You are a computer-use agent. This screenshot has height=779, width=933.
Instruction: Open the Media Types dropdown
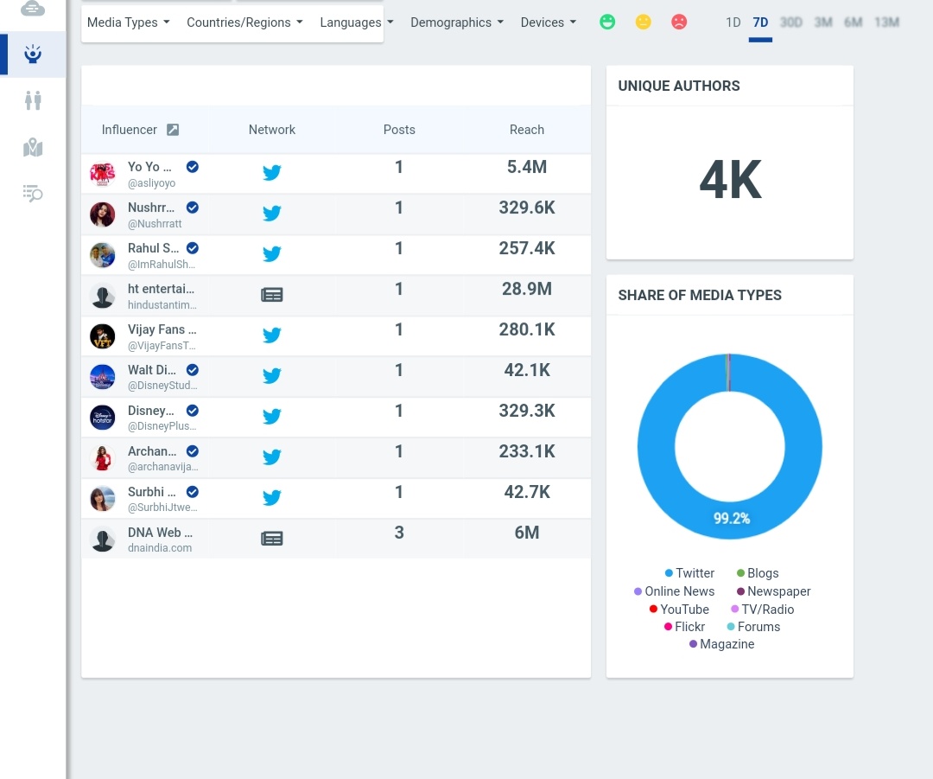pyautogui.click(x=128, y=22)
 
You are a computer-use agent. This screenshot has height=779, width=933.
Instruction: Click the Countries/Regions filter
pyautogui.click(x=244, y=22)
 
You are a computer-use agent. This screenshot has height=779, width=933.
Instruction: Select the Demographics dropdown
pyautogui.click(x=456, y=22)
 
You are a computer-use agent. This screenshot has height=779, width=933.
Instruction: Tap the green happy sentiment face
pyautogui.click(x=607, y=22)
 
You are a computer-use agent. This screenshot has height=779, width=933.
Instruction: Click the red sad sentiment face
pyautogui.click(x=679, y=22)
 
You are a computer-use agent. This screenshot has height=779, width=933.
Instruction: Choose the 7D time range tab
pyautogui.click(x=760, y=22)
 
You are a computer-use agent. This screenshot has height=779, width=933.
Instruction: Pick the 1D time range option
pyautogui.click(x=733, y=22)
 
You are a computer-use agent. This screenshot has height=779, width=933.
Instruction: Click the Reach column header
pyautogui.click(x=527, y=130)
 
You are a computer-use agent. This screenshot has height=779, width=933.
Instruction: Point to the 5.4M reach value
pyautogui.click(x=527, y=167)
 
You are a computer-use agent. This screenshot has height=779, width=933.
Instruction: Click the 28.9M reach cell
pyautogui.click(x=527, y=289)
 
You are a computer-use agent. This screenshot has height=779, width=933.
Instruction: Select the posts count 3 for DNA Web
pyautogui.click(x=399, y=533)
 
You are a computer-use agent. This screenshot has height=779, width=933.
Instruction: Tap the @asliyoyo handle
pyautogui.click(x=151, y=183)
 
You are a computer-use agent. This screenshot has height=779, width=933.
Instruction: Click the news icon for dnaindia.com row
pyautogui.click(x=272, y=539)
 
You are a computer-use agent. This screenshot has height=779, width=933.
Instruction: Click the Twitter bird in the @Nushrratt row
pyautogui.click(x=272, y=213)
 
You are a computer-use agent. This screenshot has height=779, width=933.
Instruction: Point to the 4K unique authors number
pyautogui.click(x=730, y=182)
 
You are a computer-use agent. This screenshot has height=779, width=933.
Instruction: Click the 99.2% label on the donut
pyautogui.click(x=731, y=519)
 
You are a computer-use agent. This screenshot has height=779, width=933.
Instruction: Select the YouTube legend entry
pyautogui.click(x=684, y=610)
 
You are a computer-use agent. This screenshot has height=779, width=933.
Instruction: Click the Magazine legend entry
pyautogui.click(x=727, y=644)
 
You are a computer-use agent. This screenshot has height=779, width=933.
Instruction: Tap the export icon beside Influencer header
pyautogui.click(x=173, y=130)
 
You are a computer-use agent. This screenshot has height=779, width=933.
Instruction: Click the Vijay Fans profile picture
pyautogui.click(x=102, y=335)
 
